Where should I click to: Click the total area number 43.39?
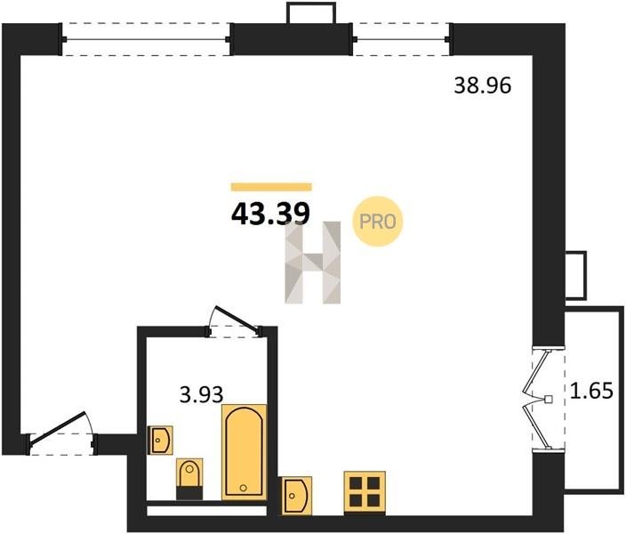click(x=270, y=214)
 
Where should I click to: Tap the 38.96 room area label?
click(x=482, y=85)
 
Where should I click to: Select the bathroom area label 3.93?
click(x=201, y=395)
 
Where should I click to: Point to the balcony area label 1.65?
click(x=591, y=391)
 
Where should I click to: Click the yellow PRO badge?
click(x=377, y=222)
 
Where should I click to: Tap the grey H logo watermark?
click(x=313, y=263)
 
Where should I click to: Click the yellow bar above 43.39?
click(x=271, y=187)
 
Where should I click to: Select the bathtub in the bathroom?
click(x=244, y=452)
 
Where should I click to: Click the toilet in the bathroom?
click(x=189, y=479)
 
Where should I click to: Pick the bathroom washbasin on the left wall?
click(x=160, y=440)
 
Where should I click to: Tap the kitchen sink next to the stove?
click(x=297, y=496)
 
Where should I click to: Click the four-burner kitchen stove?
click(x=365, y=493)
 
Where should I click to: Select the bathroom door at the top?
click(x=235, y=322)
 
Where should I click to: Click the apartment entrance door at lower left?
click(x=61, y=434)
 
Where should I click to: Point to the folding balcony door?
click(x=545, y=400)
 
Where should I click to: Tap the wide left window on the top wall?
click(x=146, y=39)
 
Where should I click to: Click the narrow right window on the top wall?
click(x=401, y=39)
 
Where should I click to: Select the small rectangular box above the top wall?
click(x=311, y=12)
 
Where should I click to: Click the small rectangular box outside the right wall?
click(x=575, y=275)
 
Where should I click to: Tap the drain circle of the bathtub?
click(x=243, y=488)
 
